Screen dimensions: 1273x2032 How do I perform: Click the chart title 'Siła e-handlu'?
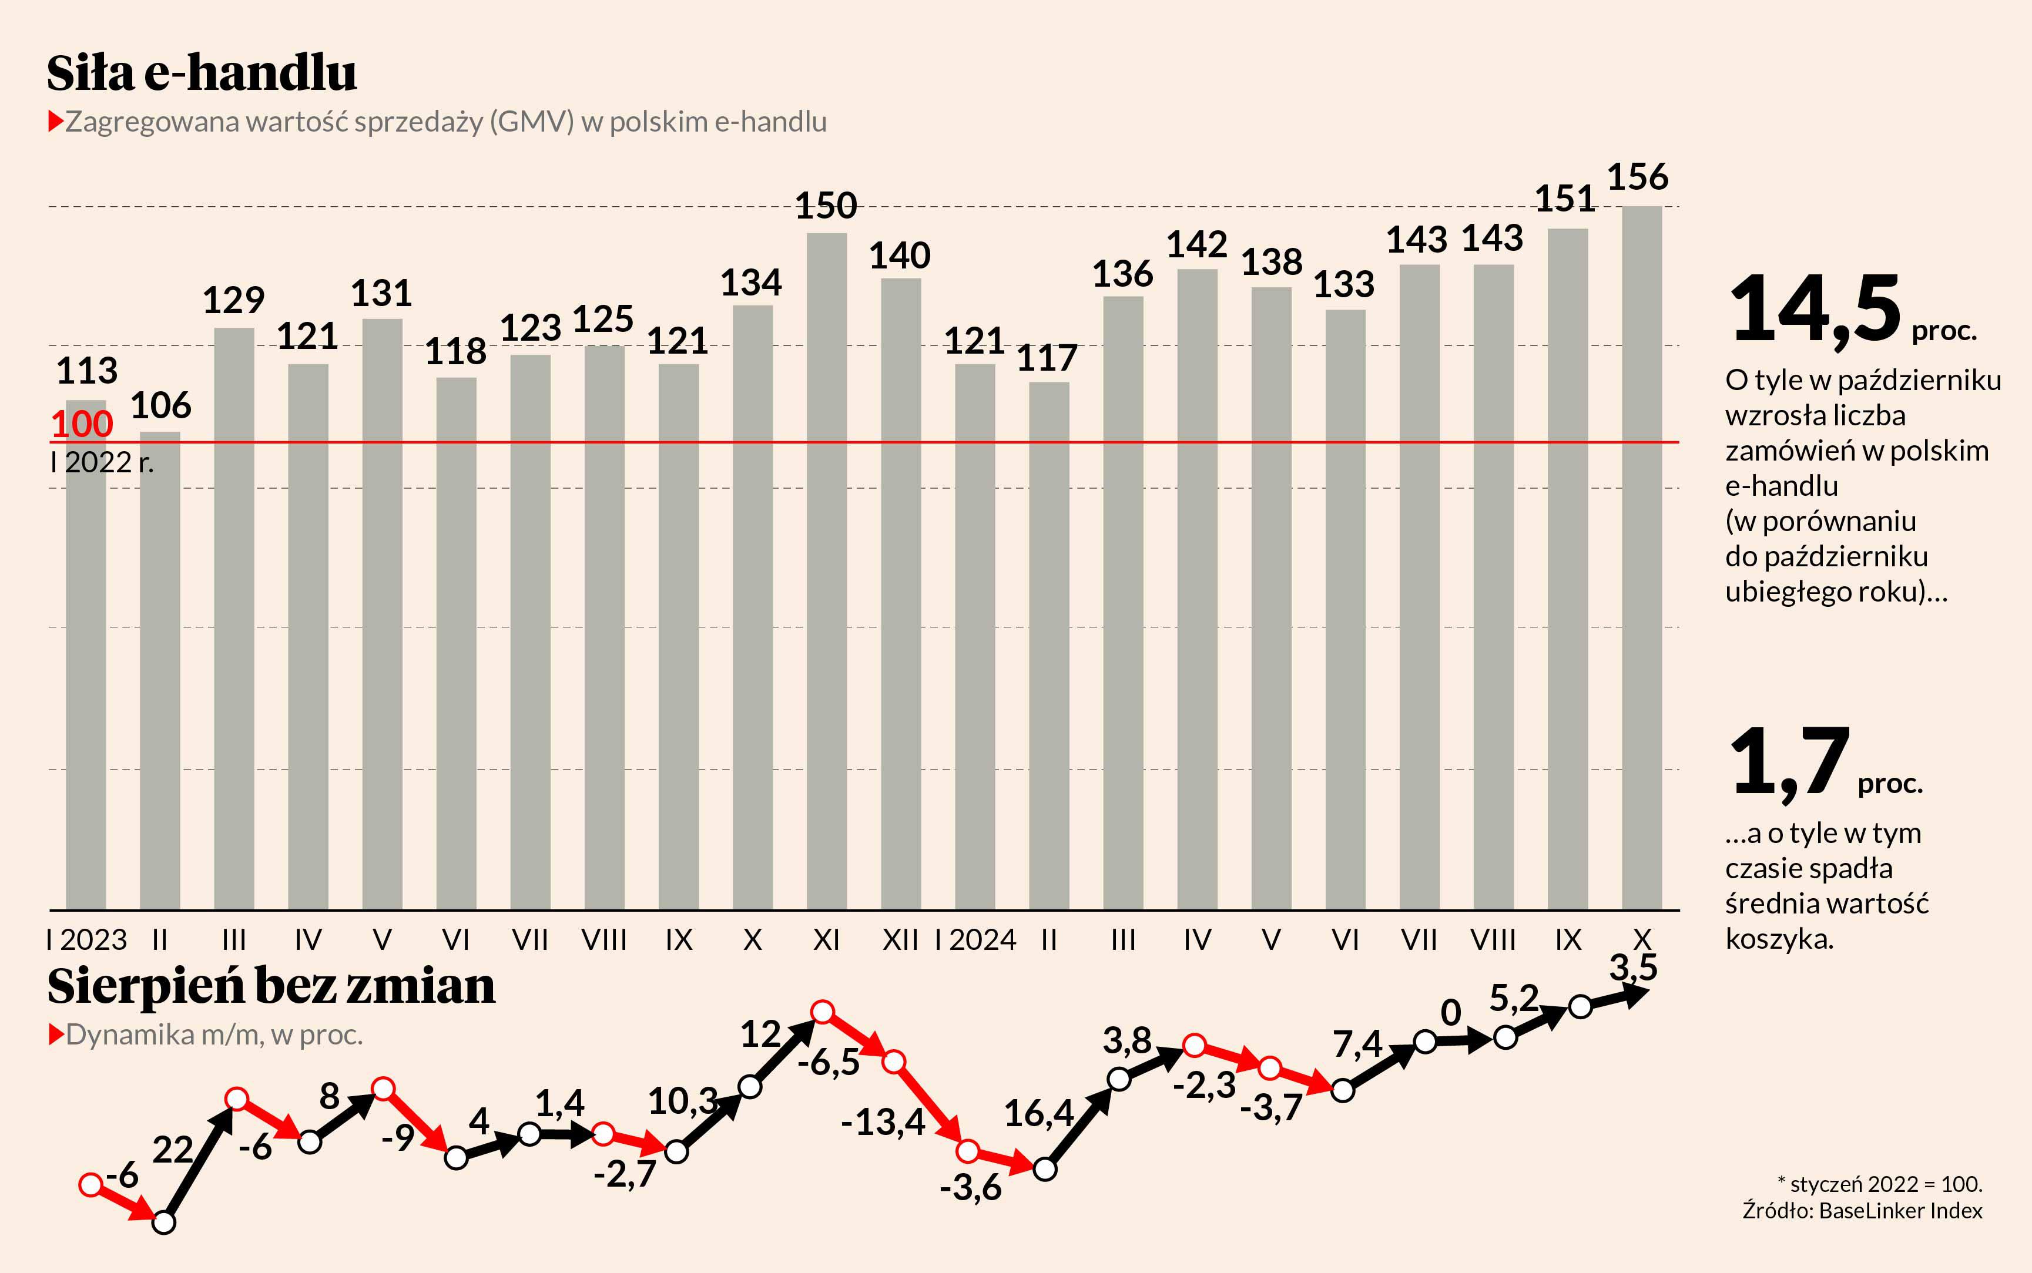tap(202, 73)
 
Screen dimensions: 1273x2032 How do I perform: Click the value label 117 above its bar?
tap(1047, 359)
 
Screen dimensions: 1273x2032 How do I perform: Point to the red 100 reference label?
tap(82, 424)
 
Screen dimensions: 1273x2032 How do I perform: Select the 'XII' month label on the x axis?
tap(900, 939)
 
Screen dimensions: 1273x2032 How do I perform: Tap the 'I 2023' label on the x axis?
tap(87, 939)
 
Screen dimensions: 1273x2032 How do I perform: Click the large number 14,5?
tap(1815, 310)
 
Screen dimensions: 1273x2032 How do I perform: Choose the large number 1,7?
tap(1789, 762)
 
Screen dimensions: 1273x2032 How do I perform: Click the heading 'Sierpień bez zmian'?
tap(271, 986)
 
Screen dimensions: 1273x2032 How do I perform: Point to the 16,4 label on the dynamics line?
tap(1038, 1114)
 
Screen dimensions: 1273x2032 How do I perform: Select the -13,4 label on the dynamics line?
tap(883, 1122)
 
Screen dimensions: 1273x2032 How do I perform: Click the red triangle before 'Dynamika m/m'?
tap(56, 1034)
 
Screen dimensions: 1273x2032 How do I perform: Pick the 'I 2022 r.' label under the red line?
tap(102, 462)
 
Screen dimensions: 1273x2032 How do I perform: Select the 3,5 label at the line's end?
tap(1633, 968)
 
